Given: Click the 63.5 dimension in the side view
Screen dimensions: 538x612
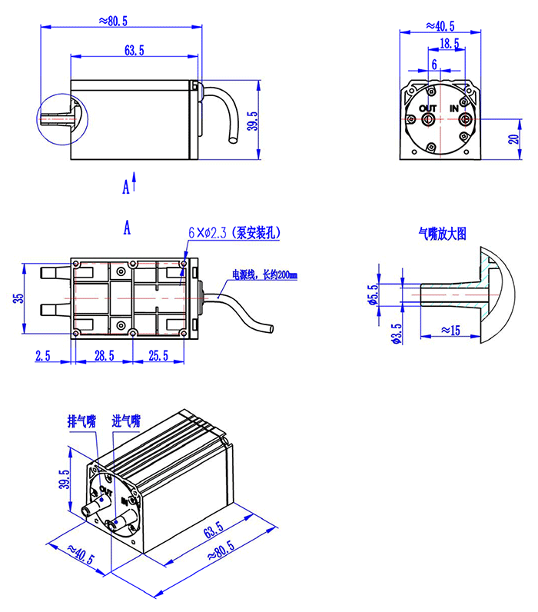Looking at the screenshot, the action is [134, 50].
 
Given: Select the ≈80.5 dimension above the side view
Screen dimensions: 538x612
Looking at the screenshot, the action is [113, 21].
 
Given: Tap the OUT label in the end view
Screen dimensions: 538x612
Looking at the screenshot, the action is [427, 108].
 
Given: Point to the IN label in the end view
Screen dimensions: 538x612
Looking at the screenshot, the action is [453, 108].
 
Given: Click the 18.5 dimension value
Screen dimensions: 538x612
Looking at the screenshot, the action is [450, 43].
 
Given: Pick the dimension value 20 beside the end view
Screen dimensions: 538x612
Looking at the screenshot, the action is [514, 138].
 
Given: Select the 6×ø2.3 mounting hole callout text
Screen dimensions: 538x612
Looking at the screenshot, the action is [234, 233].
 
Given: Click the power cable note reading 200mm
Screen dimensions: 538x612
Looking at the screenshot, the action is [265, 274].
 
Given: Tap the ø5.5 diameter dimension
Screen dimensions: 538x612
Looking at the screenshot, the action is [373, 294].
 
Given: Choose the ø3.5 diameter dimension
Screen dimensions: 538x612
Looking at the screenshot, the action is [396, 334].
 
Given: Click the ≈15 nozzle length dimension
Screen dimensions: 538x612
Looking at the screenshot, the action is [450, 331].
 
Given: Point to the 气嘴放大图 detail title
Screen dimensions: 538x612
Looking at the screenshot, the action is [443, 234].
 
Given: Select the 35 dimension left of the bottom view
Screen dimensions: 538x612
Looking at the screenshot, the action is [18, 298].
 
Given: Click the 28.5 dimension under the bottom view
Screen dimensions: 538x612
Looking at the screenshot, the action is [105, 355].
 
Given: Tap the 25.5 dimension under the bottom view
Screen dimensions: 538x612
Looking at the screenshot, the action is [158, 355].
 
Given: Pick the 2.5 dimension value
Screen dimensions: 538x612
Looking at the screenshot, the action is [42, 355].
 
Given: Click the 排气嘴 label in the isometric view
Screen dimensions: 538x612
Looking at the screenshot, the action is [82, 421].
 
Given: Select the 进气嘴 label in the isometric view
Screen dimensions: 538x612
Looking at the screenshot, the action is [126, 421].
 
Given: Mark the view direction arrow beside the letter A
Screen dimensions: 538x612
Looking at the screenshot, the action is [134, 181].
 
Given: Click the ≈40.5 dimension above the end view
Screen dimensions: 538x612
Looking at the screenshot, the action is [440, 26].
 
